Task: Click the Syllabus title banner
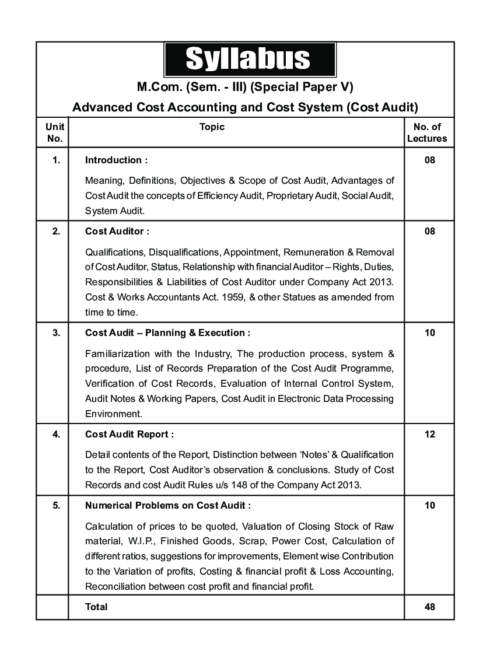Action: click(x=250, y=60)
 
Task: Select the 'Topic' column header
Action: click(x=212, y=127)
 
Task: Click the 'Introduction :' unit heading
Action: click(x=116, y=160)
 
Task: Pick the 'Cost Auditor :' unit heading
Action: click(x=117, y=231)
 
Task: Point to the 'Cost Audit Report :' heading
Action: click(x=129, y=434)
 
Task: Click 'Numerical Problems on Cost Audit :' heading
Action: click(x=168, y=505)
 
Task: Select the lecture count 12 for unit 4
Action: click(x=430, y=434)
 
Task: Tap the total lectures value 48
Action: click(x=430, y=607)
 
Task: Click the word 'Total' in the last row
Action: click(x=96, y=607)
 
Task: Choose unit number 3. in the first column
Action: click(x=56, y=332)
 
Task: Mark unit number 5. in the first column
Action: click(x=56, y=505)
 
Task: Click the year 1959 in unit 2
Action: click(x=246, y=297)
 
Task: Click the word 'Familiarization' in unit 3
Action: click(x=114, y=353)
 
